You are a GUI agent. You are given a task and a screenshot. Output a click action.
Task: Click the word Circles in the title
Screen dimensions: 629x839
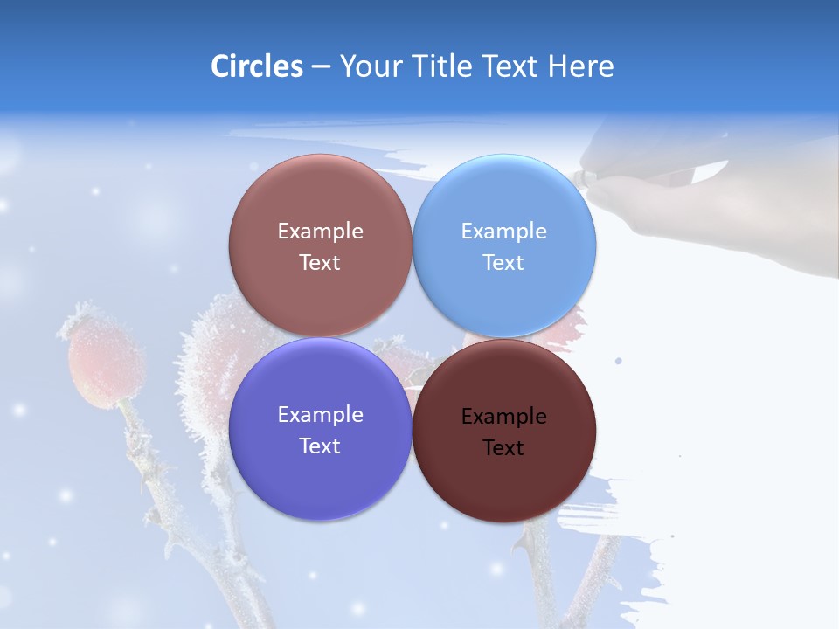[x=256, y=66]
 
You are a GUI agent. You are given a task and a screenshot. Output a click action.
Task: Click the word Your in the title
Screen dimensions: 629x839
[x=367, y=66]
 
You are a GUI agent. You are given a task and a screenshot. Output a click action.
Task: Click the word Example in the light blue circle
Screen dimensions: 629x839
[x=503, y=232]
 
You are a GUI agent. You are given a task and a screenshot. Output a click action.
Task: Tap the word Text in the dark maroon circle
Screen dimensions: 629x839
[x=503, y=448]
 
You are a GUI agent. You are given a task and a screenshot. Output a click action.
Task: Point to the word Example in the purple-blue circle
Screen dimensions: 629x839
[x=320, y=415]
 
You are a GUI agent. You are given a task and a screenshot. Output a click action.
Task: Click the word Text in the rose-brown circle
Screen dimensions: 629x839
[x=320, y=263]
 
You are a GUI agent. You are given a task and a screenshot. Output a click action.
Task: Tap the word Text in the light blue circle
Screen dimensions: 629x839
[x=503, y=263]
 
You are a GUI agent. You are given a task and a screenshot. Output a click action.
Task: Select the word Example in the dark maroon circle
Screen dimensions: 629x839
[x=503, y=417]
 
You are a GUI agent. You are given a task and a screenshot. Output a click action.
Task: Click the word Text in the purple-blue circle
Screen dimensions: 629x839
[x=320, y=446]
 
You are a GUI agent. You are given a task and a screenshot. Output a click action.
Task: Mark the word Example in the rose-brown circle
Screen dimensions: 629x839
[x=320, y=232]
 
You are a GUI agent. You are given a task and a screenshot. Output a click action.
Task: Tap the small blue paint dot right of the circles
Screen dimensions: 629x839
[x=619, y=360]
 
